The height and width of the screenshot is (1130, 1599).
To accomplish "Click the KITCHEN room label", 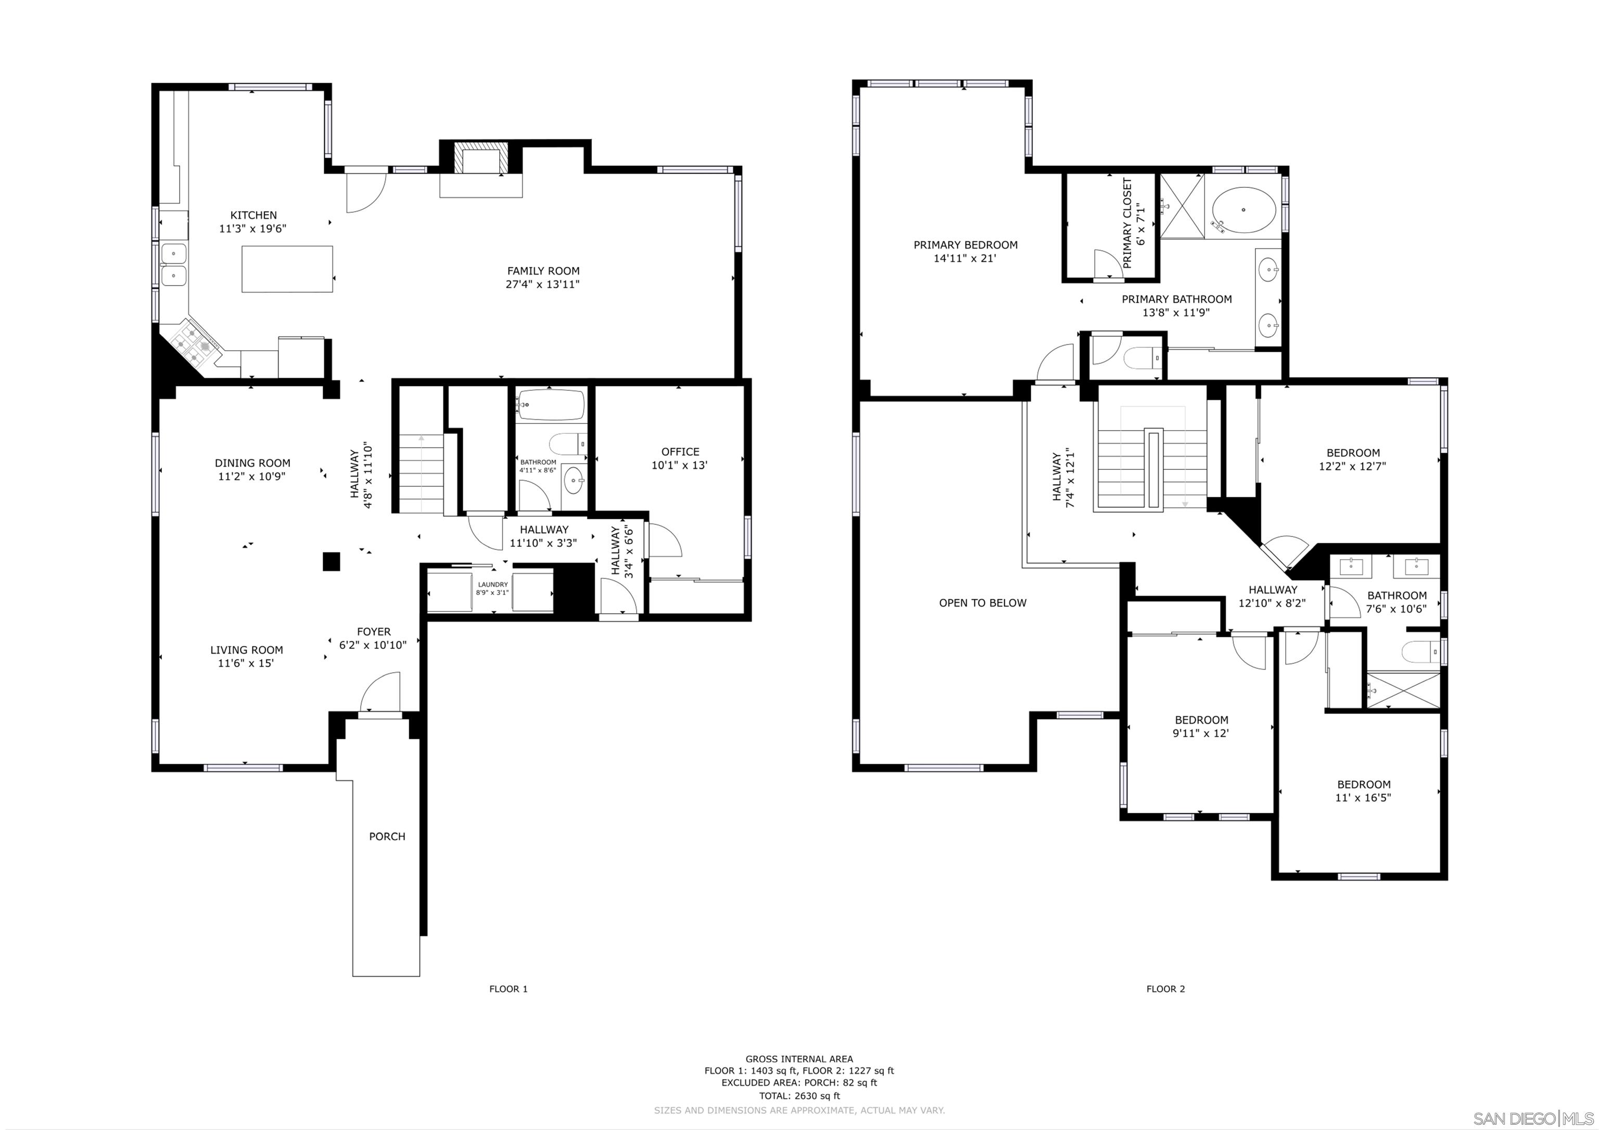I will [253, 216].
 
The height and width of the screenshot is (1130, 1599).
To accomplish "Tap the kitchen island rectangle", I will [287, 269].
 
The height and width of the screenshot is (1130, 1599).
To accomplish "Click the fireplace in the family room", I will [480, 159].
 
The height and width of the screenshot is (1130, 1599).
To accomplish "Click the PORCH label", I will [387, 836].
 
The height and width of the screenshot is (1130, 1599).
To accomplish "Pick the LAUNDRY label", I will [492, 584].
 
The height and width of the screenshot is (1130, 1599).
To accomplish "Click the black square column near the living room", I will [332, 561].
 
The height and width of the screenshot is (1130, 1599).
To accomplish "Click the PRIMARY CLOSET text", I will [1127, 223].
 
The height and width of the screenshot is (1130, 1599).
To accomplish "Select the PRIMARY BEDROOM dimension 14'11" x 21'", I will [965, 258].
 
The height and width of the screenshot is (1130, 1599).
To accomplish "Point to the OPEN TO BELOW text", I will [982, 603].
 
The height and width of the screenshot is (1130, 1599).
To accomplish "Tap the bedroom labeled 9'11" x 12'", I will [1201, 726].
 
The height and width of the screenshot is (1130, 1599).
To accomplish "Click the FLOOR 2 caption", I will [1165, 988].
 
